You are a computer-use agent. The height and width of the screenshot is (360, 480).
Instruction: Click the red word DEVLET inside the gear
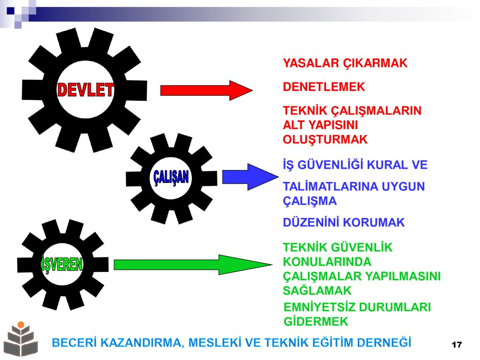85,90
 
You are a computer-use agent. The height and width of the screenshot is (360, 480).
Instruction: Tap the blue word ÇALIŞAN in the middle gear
171,177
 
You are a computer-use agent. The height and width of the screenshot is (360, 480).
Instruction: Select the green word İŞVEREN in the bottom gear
62,263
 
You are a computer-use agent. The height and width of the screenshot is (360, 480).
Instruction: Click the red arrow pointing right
207,90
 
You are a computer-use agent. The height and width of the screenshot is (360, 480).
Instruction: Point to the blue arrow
250,177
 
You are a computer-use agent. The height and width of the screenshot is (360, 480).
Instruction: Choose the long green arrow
193,264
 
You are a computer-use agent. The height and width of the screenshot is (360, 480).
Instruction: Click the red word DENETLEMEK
324,87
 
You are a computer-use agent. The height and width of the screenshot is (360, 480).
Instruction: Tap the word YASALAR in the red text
311,63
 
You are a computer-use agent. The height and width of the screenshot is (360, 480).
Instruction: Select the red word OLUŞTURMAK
325,140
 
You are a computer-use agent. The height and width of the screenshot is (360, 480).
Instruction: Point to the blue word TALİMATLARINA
330,187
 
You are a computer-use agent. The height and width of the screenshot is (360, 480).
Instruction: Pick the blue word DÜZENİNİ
311,222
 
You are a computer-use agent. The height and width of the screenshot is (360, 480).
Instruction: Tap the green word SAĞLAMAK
317,291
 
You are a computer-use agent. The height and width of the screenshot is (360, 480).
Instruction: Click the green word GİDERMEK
316,322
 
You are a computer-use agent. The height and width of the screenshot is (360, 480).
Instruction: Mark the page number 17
457,345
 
